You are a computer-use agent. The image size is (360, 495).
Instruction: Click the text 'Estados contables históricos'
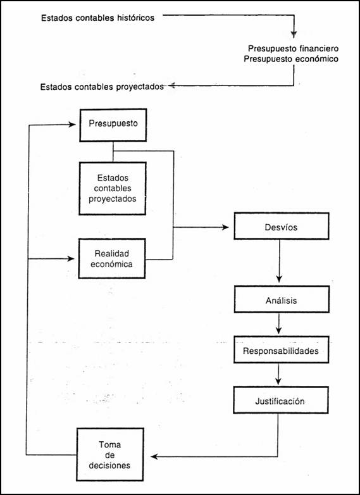[98, 18]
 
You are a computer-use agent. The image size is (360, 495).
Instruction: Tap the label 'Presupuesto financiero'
[293, 49]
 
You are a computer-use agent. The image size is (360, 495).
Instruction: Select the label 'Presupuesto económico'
[291, 59]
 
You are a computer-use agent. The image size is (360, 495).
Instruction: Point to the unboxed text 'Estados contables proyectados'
[102, 87]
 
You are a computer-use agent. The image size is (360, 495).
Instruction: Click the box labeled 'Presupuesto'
[113, 125]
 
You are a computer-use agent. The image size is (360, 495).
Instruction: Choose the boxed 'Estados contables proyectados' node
[113, 189]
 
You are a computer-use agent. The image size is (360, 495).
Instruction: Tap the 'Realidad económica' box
[112, 258]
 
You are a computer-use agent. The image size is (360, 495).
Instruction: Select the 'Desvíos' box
[282, 226]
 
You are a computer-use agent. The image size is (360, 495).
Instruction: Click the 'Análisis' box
[282, 299]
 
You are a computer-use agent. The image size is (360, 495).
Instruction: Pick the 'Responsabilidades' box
[281, 349]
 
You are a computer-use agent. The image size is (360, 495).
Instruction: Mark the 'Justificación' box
[281, 400]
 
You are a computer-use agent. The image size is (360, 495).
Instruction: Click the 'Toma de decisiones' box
[110, 454]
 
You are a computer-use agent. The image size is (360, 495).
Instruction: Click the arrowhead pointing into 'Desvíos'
[225, 227]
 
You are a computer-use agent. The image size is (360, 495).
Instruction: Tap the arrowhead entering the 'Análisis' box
[279, 279]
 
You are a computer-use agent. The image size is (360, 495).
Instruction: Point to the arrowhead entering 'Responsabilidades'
[278, 330]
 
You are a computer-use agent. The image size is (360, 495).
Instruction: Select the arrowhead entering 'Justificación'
[278, 381]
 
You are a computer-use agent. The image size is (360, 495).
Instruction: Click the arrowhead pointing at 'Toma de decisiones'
[154, 456]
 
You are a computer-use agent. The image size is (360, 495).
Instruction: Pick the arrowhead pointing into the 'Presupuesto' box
[72, 125]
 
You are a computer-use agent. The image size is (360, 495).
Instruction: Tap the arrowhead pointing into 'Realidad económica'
[71, 259]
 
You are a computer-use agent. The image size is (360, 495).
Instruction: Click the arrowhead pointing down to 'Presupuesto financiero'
[294, 34]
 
